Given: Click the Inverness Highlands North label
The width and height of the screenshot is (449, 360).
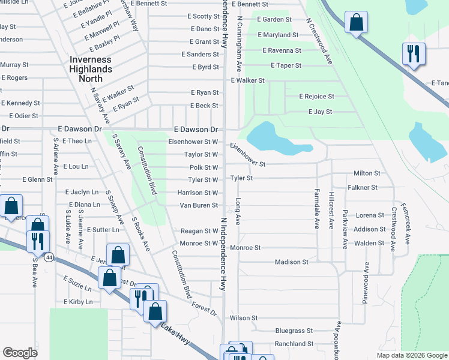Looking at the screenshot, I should [x=91, y=64].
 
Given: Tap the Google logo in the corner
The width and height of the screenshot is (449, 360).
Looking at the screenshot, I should [x=20, y=353].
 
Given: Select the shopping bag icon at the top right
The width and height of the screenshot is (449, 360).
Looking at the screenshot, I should [x=356, y=23].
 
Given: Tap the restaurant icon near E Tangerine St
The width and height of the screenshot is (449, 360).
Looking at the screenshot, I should [x=414, y=53].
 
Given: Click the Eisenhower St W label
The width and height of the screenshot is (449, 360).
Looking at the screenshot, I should [x=193, y=142].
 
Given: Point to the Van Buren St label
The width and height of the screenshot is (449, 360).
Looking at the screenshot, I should [x=199, y=205].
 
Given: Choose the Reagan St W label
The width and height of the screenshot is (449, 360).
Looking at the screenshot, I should [x=199, y=231].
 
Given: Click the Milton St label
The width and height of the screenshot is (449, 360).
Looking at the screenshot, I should [x=367, y=173].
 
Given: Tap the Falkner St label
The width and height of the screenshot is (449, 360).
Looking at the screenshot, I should [x=365, y=187].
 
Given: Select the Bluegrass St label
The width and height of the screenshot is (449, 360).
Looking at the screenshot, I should [x=294, y=331].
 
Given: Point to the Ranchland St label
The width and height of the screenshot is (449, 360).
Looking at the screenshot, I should [x=294, y=344].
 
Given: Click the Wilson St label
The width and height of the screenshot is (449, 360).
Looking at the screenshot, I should [x=243, y=318].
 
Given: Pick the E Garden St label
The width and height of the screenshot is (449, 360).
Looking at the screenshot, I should [x=274, y=19].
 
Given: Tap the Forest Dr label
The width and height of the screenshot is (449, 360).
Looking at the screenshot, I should [x=205, y=308].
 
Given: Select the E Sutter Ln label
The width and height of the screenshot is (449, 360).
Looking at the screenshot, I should [x=103, y=230].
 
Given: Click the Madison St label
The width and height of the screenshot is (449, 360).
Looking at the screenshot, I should [x=291, y=262].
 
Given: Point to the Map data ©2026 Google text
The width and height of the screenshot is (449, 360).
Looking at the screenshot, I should [x=411, y=355].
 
